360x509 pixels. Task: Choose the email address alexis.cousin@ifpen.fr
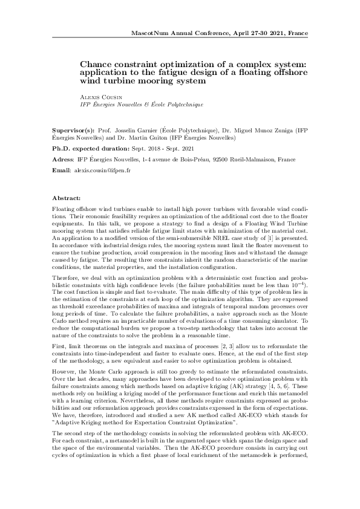pyautogui.click(x=102, y=171)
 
